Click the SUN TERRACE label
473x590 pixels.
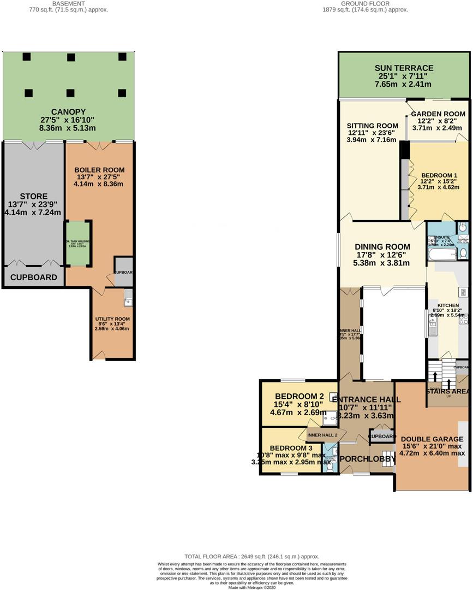coord(404,68)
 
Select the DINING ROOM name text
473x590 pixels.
coord(382,246)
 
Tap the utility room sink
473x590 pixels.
coord(128,299)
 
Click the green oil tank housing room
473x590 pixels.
coord(79,243)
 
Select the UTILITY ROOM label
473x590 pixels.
coord(112,318)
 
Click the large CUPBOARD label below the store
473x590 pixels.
coord(34,278)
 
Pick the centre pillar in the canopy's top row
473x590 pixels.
coord(71,57)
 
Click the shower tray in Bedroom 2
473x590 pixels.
coord(330,418)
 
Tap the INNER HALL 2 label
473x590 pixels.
coord(322,435)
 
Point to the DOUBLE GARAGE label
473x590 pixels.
coord(432,439)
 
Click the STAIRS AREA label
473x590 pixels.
coord(447,391)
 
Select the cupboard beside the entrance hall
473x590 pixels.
coord(382,436)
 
